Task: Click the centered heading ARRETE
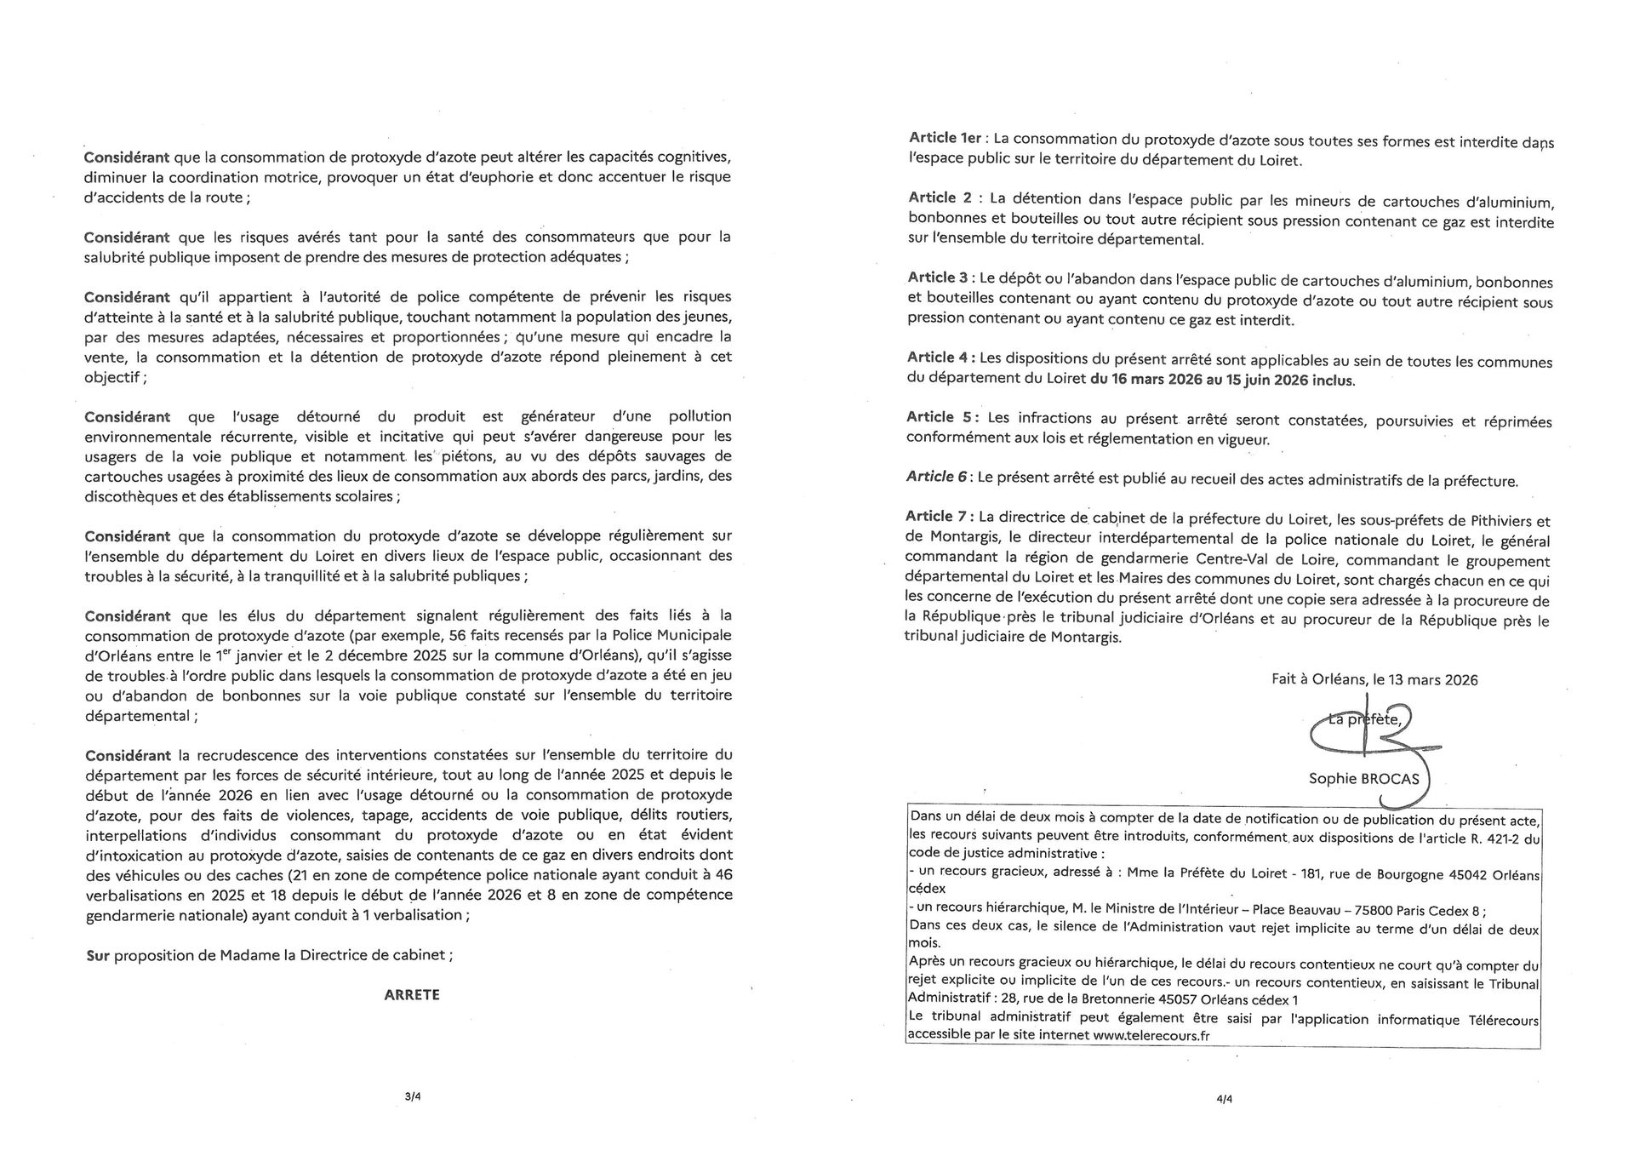coord(412,994)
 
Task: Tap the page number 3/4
coord(413,1097)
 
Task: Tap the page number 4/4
coord(1225,1098)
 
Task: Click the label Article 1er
coord(946,138)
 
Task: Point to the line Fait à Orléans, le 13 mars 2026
coord(1374,680)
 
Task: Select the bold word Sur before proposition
coord(98,955)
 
